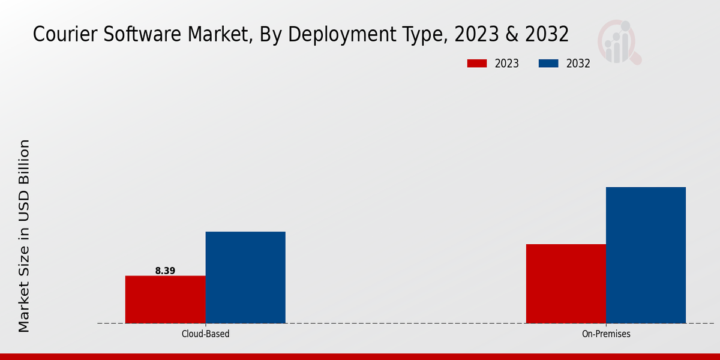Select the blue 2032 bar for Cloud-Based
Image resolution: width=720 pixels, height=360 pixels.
(x=245, y=277)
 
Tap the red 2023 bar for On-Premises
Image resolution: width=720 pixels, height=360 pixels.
(x=566, y=283)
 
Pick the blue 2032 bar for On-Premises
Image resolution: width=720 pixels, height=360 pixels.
(x=646, y=255)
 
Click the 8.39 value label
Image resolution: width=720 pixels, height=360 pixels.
(x=165, y=271)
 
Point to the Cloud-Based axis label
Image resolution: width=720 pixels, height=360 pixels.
(x=205, y=334)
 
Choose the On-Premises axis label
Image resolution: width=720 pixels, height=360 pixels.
(x=606, y=334)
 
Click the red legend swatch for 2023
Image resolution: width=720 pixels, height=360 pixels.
(x=477, y=64)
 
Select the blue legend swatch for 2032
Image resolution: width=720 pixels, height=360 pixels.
(x=549, y=64)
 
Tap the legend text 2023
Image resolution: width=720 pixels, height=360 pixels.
(x=507, y=64)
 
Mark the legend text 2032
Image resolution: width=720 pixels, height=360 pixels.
(x=578, y=64)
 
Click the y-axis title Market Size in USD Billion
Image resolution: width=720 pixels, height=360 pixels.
(x=24, y=236)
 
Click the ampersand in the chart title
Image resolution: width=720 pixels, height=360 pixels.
(x=511, y=34)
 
